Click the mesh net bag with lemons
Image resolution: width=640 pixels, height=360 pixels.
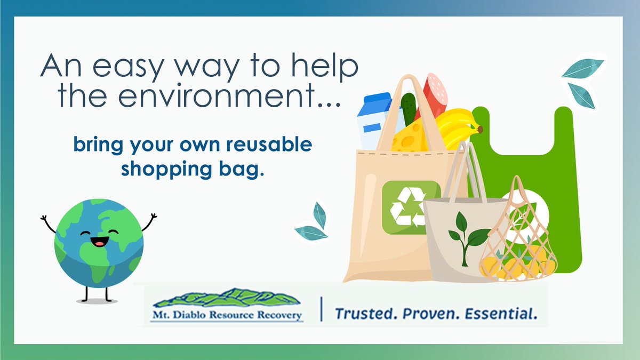tap(517, 240)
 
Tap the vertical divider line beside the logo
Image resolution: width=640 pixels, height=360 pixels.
tap(322, 310)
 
